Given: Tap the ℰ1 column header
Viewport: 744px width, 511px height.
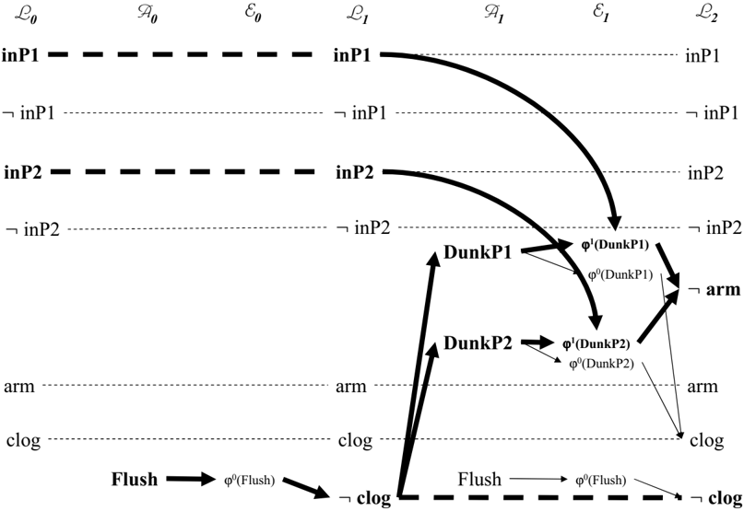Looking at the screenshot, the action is point(600,14).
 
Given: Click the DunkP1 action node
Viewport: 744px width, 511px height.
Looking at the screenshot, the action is point(478,252).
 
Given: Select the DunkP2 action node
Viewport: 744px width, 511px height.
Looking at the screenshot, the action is point(478,343).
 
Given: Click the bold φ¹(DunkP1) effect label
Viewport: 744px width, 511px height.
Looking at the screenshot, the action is point(615,245).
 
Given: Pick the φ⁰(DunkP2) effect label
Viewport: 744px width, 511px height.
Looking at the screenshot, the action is point(602,364).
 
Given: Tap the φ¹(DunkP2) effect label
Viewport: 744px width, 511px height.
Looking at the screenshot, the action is point(596,343).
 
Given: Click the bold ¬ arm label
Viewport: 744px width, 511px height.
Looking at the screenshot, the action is point(714,289).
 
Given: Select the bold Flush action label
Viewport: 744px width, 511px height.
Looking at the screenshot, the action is point(135,480).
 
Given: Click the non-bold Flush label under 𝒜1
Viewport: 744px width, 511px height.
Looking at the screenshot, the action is point(479,480).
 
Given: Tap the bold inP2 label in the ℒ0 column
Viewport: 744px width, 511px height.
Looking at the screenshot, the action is point(23,172).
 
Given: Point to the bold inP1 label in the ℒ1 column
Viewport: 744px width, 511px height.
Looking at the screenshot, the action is point(351,55).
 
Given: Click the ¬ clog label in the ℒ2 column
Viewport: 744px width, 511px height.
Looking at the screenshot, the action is point(715,498).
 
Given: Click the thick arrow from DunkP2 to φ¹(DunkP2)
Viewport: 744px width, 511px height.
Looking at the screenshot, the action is point(537,343).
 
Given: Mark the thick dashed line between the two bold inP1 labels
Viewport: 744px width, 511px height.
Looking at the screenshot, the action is point(181,55).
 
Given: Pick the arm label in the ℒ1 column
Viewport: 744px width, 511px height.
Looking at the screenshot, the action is point(351,387).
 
